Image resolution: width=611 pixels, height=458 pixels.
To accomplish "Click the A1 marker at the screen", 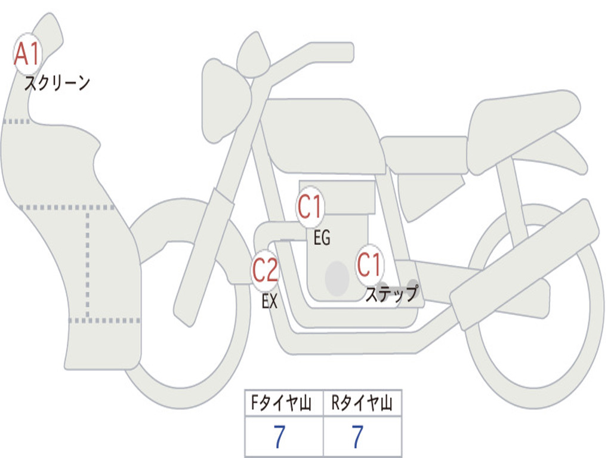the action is [27, 54].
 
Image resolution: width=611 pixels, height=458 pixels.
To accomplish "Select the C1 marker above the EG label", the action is [310, 207].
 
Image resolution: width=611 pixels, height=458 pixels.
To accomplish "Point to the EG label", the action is [322, 237].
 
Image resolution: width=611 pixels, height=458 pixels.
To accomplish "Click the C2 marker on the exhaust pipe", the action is [265, 270].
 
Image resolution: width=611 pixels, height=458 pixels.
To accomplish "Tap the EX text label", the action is [270, 301].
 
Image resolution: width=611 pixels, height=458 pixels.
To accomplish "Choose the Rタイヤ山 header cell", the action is [362, 403].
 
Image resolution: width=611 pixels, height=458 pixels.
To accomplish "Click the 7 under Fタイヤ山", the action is [279, 436].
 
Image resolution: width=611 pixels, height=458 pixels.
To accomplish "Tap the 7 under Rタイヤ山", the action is [358, 436].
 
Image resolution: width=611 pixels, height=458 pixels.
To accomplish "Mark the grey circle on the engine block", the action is [337, 278].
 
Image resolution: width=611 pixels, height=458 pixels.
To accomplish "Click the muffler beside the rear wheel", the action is [524, 265].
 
